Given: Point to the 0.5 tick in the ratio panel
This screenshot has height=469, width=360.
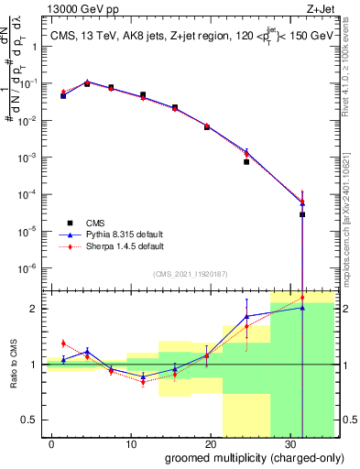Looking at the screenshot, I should (31, 420).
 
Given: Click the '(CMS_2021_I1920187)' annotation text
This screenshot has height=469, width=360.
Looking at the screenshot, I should (190, 273).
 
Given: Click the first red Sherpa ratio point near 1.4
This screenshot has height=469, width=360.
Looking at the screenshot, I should (63, 344).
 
